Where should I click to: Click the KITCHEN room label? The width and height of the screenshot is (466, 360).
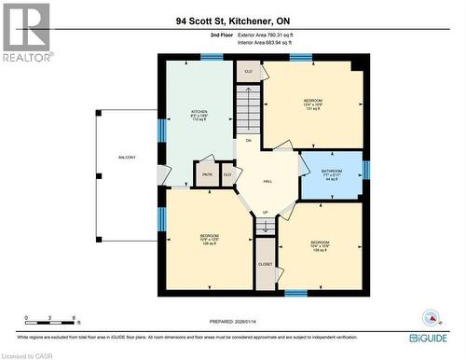(x=199, y=111)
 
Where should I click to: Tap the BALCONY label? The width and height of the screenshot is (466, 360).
(x=126, y=157)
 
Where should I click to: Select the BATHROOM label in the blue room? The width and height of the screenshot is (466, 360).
(x=332, y=172)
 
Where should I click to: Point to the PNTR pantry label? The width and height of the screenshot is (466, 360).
(x=206, y=173)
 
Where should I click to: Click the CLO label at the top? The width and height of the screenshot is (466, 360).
(x=248, y=71)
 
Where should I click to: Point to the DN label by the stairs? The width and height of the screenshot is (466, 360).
(x=249, y=140)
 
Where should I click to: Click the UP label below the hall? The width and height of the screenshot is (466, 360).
(x=265, y=213)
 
